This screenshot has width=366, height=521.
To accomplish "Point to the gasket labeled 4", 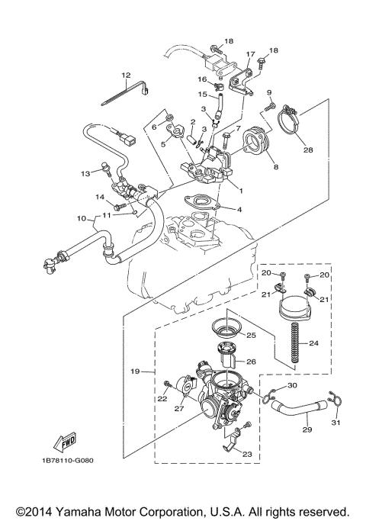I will click(x=201, y=204).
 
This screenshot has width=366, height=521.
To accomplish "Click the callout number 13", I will click(x=85, y=173).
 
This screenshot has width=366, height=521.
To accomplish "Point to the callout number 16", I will click(x=203, y=79).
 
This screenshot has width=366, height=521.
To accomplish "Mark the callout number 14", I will click(x=99, y=198).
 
